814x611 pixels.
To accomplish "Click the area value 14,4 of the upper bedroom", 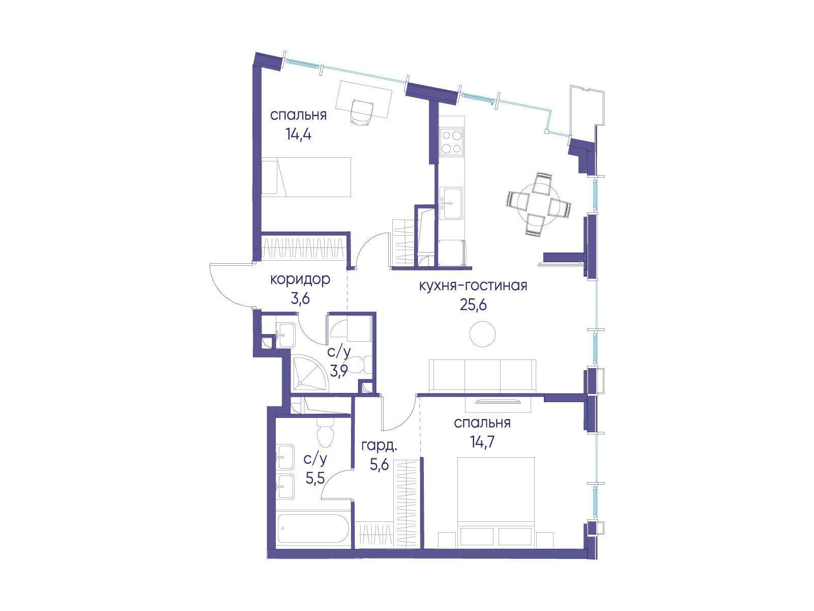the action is click(299, 134).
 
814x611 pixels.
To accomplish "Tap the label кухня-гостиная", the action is click(473, 286).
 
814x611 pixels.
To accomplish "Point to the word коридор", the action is click(300, 280).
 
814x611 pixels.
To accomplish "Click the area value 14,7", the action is click(482, 442).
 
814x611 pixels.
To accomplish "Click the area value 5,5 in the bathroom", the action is click(315, 478).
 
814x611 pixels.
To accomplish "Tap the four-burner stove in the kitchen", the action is click(451, 141).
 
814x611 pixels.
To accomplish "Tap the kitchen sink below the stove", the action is click(451, 203).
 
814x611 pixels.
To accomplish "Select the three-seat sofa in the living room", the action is click(482, 375).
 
